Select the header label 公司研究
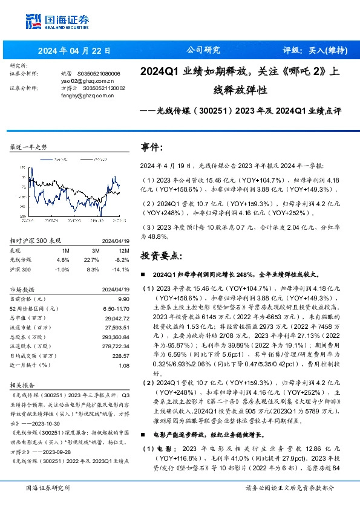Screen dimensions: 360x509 [203, 50]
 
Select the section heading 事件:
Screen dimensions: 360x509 [151, 148]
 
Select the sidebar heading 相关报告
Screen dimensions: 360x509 [23, 384]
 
